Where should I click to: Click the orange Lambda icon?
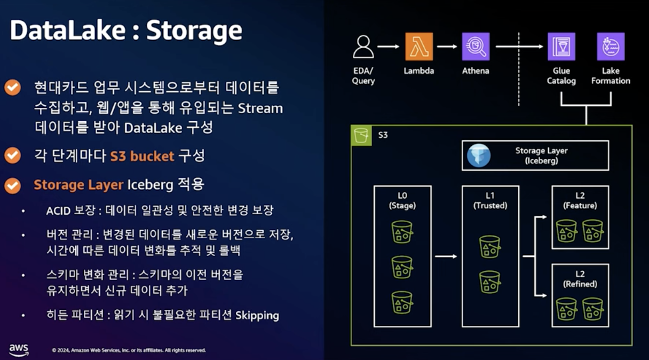419,46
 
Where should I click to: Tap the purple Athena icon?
476,46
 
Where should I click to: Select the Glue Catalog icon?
561,46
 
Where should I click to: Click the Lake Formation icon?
611,46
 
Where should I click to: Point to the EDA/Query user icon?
363,46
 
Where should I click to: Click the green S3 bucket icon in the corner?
361,136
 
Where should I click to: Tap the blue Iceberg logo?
479,155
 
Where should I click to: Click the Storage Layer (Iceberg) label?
541,155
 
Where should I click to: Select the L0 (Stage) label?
402,201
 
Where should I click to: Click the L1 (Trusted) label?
490,201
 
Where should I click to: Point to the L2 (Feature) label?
580,201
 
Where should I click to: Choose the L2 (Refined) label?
580,279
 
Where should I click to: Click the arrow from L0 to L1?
446,257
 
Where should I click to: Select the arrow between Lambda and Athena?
447,46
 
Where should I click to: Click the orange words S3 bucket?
142,156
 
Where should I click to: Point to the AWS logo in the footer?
19,350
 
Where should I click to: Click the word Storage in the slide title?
194,32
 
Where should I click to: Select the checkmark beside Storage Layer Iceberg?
12,185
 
